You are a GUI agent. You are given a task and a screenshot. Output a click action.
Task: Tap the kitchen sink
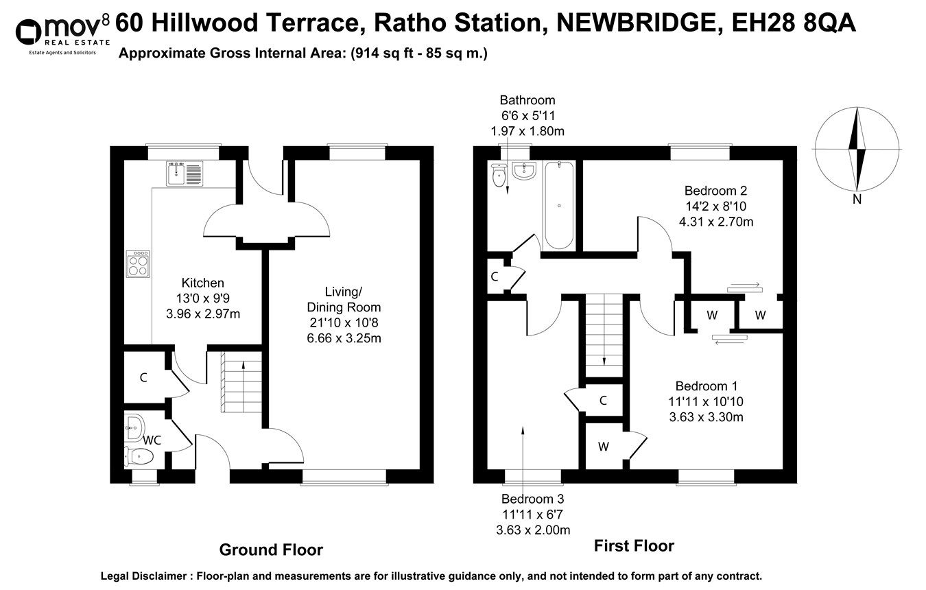pyautogui.click(x=183, y=173)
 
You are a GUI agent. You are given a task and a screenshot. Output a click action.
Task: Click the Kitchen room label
pyautogui.click(x=202, y=283)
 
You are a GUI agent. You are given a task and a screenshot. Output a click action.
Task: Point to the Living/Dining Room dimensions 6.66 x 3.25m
pyautogui.click(x=344, y=338)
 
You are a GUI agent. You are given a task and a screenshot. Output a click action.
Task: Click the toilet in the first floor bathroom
pyautogui.click(x=499, y=176)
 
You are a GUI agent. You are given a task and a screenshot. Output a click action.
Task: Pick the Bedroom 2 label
pyautogui.click(x=715, y=191)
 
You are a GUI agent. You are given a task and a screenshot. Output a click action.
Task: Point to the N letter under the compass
pyautogui.click(x=856, y=200)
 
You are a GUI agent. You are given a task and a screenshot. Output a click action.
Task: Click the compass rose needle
pyautogui.click(x=856, y=149)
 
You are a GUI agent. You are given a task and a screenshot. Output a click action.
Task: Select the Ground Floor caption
pyautogui.click(x=270, y=550)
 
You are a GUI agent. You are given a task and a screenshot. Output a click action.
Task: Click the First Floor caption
pyautogui.click(x=633, y=546)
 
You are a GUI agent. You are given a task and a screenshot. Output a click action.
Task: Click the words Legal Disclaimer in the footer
pyautogui.click(x=145, y=576)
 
